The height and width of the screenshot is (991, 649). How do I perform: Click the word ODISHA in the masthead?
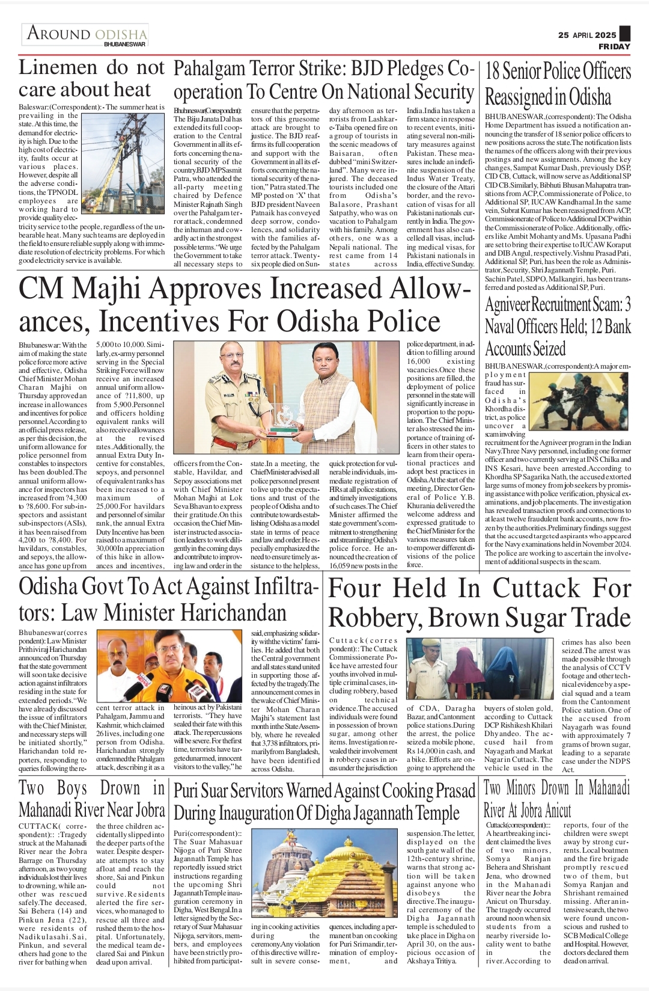tap(121, 34)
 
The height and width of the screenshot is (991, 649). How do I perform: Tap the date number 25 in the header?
tap(563, 35)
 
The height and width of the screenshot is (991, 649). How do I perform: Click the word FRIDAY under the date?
tap(614, 46)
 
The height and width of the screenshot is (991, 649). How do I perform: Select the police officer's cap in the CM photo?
tap(220, 359)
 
